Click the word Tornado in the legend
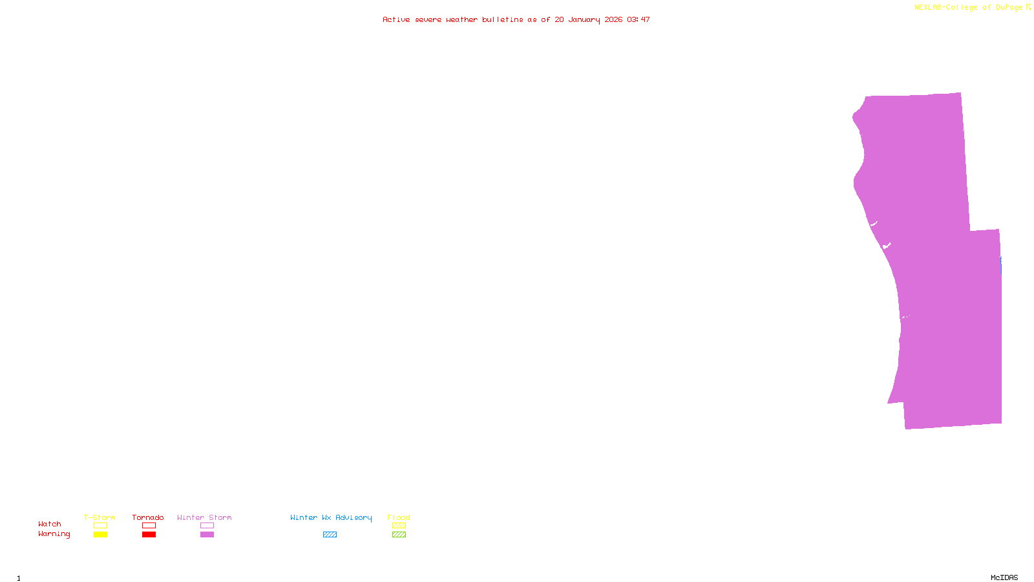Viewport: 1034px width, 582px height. point(148,517)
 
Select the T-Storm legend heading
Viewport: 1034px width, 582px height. point(100,517)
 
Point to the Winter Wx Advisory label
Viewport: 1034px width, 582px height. point(331,517)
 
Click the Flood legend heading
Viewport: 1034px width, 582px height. point(399,517)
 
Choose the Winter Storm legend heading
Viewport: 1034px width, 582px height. point(204,517)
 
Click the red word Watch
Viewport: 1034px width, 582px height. point(50,524)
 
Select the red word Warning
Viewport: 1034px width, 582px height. point(54,534)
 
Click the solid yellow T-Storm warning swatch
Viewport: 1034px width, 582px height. point(100,535)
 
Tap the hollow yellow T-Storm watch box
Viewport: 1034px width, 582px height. point(100,526)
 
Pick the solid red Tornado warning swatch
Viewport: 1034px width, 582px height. point(149,535)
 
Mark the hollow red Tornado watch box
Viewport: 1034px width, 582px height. point(149,526)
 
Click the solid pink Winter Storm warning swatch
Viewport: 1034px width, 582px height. point(207,535)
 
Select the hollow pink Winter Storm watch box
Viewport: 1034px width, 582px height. point(207,526)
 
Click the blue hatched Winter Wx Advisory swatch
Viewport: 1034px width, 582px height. point(330,535)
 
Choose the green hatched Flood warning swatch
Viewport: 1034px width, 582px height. point(399,535)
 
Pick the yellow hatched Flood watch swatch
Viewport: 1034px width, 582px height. point(399,526)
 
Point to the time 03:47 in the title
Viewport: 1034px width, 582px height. point(638,19)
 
